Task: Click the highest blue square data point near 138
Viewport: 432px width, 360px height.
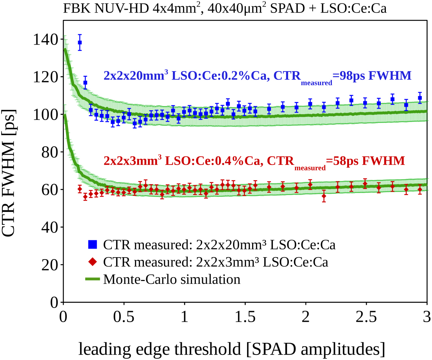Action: (80, 43)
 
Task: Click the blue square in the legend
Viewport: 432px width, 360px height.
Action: (93, 245)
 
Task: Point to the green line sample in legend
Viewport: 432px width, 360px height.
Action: (93, 279)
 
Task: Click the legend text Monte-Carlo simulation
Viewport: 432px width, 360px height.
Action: (172, 279)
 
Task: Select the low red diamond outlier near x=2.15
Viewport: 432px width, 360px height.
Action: (324, 198)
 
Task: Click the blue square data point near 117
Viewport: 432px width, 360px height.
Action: (85, 83)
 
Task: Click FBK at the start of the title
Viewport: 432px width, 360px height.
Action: (75, 9)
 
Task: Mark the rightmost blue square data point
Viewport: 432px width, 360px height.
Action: (420, 98)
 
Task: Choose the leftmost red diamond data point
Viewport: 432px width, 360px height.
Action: (80, 189)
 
